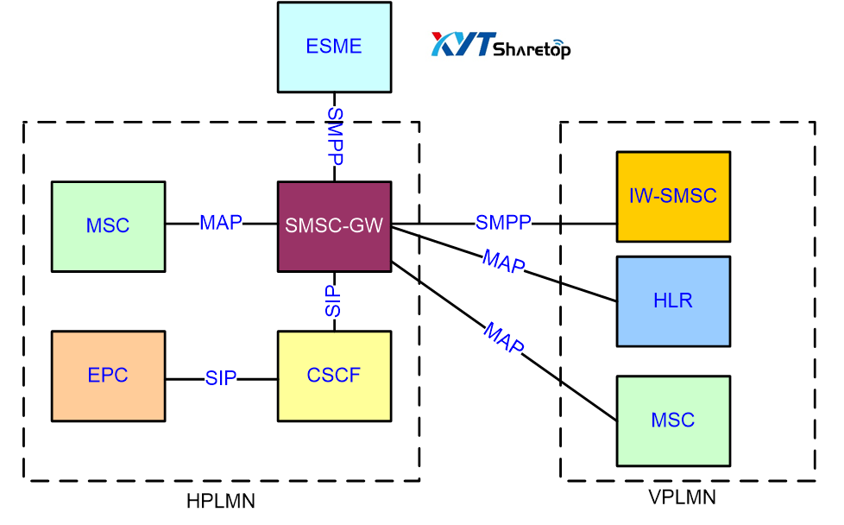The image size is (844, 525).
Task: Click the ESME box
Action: point(334,47)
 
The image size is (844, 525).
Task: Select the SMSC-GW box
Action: point(334,226)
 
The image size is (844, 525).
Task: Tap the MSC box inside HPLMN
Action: point(108,226)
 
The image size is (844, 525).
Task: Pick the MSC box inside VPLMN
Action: point(673,421)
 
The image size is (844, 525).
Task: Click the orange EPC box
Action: point(108,376)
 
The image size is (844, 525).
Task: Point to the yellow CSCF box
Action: point(334,376)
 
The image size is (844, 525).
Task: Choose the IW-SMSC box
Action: point(673,196)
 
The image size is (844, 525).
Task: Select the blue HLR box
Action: point(673,300)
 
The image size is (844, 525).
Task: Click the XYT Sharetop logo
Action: point(501,45)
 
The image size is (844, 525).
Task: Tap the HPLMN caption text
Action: point(221,501)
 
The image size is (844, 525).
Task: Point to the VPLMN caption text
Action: point(682,497)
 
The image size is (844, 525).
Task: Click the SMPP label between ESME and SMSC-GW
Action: point(335,136)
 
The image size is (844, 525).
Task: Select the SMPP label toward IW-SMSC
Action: point(503,223)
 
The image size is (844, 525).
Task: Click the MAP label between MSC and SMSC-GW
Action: point(221,223)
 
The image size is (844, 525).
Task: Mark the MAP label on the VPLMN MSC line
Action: point(503,338)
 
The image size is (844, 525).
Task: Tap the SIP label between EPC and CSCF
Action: point(221,378)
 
